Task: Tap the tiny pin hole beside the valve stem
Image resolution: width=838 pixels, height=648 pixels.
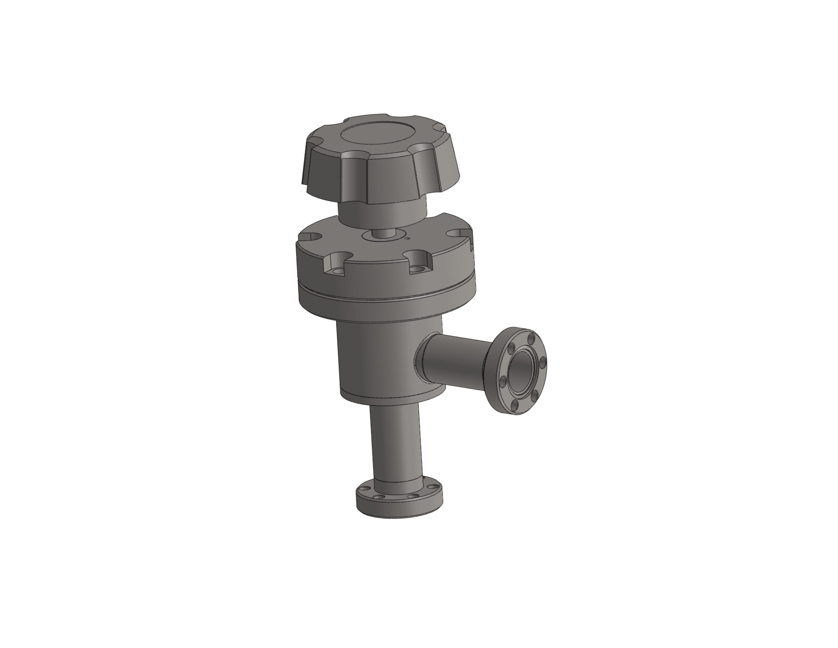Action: click(x=407, y=238)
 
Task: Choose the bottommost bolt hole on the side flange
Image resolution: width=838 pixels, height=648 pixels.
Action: click(x=515, y=404)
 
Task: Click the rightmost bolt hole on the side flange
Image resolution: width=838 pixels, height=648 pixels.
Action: click(x=542, y=362)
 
